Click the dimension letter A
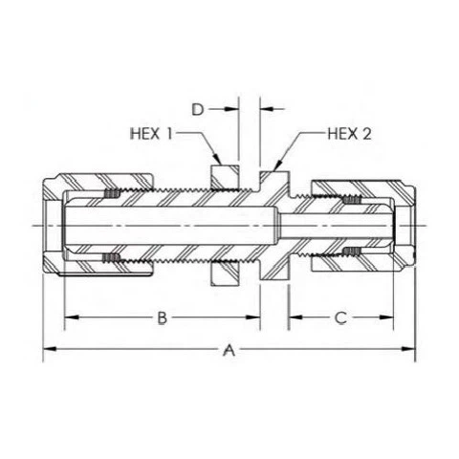(229, 350)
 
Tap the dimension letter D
(197, 110)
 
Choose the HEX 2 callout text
(350, 133)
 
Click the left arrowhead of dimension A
(49, 350)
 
